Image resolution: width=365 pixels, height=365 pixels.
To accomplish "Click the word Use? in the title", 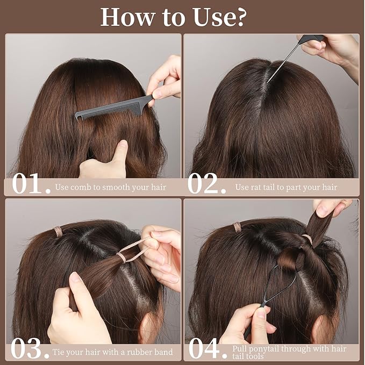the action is pos(219,17).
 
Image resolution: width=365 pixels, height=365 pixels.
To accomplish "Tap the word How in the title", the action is pos(128,17).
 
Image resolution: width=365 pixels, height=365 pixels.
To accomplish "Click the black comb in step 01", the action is pos(114,108).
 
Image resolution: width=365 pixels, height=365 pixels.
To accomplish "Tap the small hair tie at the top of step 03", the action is pos(58,232).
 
